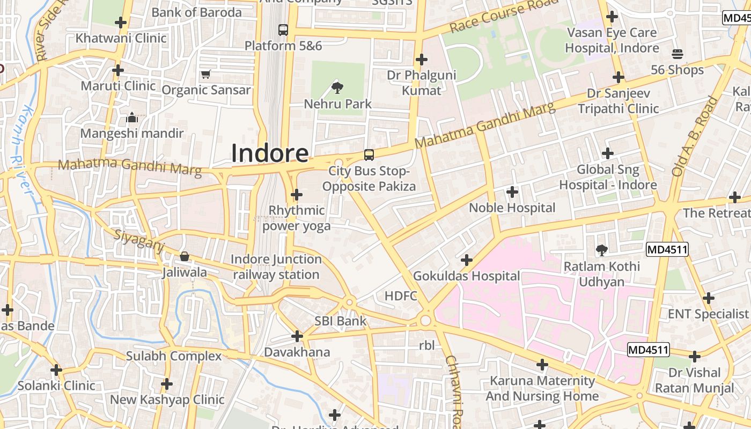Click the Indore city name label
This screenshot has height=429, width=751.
coord(270,153)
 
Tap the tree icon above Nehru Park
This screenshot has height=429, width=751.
coord(337,87)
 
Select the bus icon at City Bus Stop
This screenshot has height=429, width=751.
coord(369,155)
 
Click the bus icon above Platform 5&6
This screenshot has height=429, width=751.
coord(283,30)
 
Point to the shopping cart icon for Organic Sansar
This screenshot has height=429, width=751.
coord(206,74)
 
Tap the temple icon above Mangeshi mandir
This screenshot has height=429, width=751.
coord(132,117)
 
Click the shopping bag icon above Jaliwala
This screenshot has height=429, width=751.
coord(185,256)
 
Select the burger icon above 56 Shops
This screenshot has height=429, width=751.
coord(677,54)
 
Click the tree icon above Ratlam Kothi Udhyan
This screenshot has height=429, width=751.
coord(601,250)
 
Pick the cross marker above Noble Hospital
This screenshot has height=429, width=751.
coord(512,191)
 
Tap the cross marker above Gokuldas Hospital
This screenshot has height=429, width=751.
coord(467,260)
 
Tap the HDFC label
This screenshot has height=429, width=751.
coord(401,295)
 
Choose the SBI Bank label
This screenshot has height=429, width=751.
coord(340,321)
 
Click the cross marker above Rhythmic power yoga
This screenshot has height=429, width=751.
coord(297,195)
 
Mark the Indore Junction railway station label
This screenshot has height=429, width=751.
coord(276,267)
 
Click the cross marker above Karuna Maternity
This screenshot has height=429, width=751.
coord(542,365)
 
